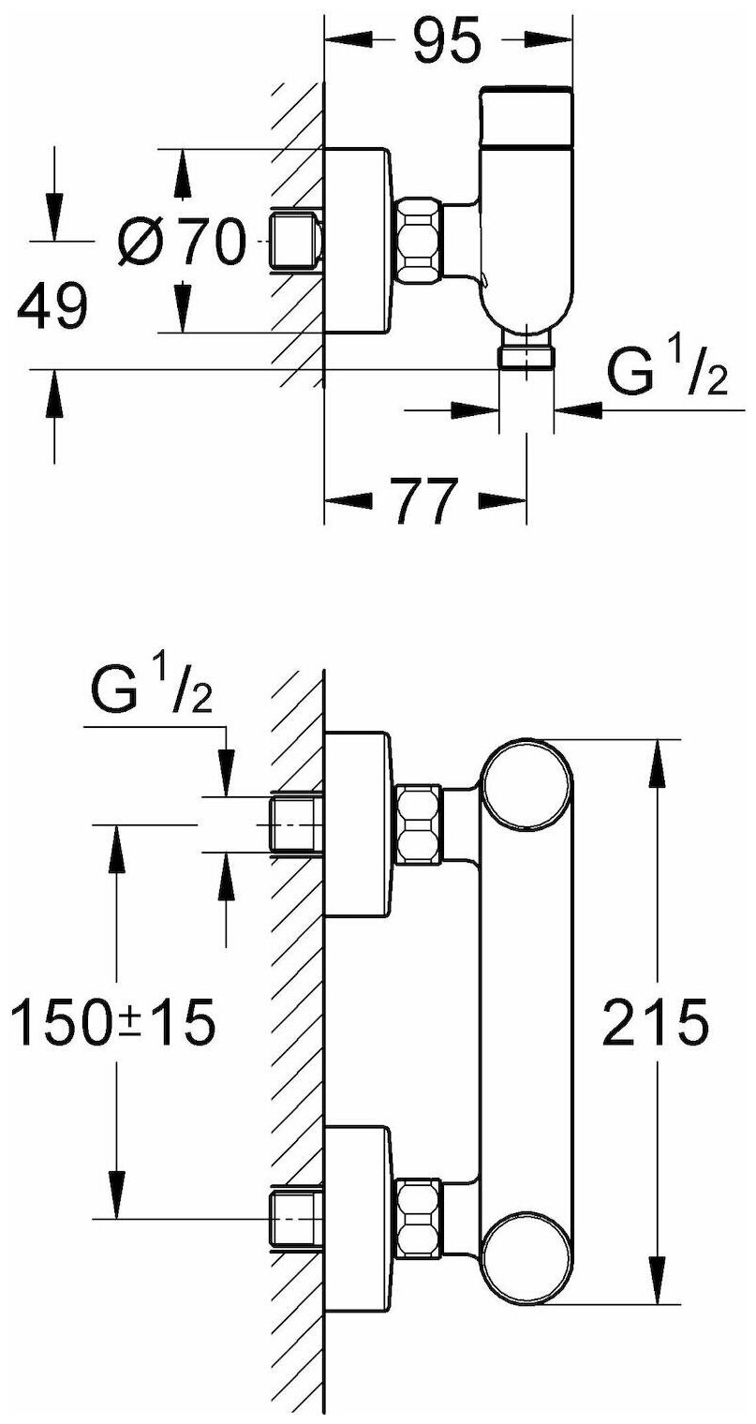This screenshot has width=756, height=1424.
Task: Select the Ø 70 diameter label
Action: [x=181, y=243]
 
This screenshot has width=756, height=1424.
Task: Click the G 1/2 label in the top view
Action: [x=667, y=373]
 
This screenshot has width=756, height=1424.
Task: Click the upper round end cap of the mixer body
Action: [x=526, y=787]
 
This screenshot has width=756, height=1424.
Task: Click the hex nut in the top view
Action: [x=419, y=243]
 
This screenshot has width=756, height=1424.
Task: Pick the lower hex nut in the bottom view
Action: [x=419, y=1218]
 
